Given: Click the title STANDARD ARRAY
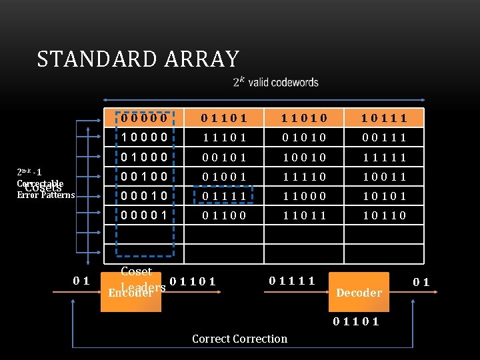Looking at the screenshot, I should click(138, 59).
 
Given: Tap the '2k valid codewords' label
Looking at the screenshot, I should click(276, 83).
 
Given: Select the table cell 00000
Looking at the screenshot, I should click(144, 119).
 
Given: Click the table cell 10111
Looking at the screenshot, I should click(383, 119).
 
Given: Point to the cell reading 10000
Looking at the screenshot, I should click(144, 138).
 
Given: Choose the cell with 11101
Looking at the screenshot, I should click(225, 138).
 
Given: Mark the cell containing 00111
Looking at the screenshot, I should click(383, 138).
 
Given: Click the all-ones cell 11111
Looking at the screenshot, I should click(383, 157).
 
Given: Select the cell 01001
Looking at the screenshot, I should click(225, 177).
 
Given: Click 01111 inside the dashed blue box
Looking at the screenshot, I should click(225, 196).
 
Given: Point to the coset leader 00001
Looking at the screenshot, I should click(144, 215).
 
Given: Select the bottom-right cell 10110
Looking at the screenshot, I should click(383, 215).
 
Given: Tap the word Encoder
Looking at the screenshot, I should click(130, 293).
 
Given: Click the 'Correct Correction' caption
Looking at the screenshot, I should click(239, 339).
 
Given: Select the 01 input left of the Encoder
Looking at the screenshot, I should click(82, 280).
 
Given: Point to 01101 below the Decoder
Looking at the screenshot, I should click(357, 322).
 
